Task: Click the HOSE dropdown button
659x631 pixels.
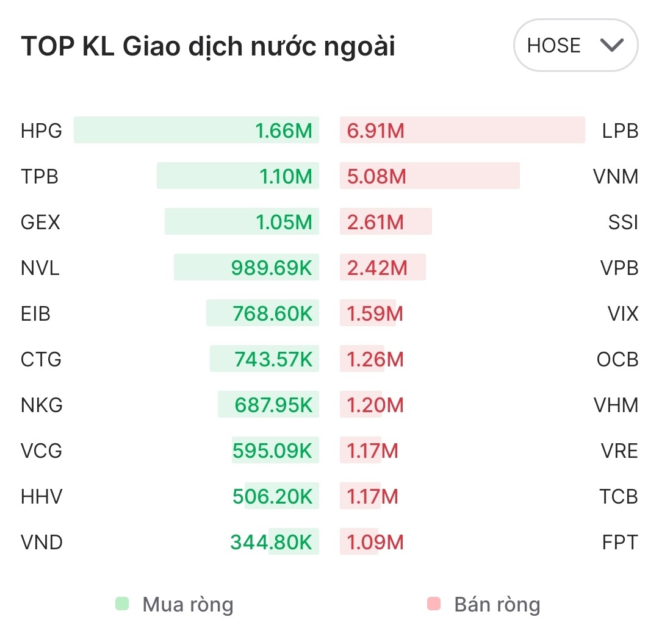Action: pyautogui.click(x=575, y=46)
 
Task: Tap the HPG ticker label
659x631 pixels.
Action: pyautogui.click(x=41, y=131)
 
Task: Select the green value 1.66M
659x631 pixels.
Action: pyautogui.click(x=284, y=131)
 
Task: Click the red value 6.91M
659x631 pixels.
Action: pyautogui.click(x=376, y=131)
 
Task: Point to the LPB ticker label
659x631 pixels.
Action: pyautogui.click(x=620, y=131)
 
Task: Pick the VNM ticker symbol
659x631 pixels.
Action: pyautogui.click(x=616, y=177)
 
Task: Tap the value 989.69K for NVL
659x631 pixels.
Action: pyautogui.click(x=272, y=268)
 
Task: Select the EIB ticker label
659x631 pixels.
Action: pyautogui.click(x=35, y=314)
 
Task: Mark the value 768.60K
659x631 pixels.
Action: pyautogui.click(x=272, y=314)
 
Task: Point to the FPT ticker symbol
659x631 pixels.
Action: pyautogui.click(x=620, y=542)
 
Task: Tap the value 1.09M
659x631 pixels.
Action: pyautogui.click(x=375, y=542)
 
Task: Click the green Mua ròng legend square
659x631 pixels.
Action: pyautogui.click(x=122, y=604)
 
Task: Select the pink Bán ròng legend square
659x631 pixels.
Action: pyautogui.click(x=434, y=604)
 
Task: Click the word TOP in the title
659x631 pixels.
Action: pyautogui.click(x=48, y=47)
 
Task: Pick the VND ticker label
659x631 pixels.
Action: pyautogui.click(x=41, y=542)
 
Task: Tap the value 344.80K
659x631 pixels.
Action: pyautogui.click(x=271, y=542)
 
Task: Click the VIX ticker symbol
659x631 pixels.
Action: pyautogui.click(x=623, y=314)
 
